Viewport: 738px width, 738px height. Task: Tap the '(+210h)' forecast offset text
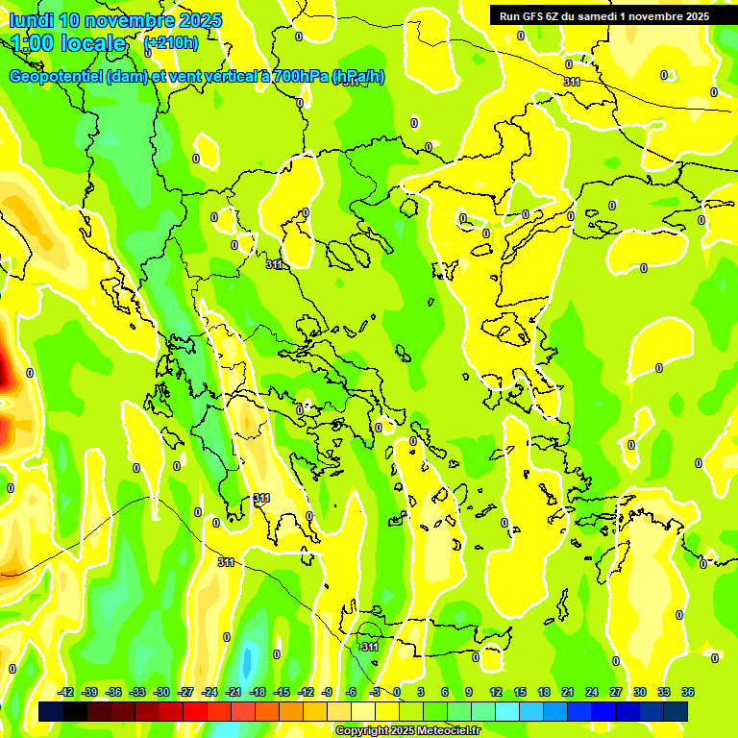pos(170,42)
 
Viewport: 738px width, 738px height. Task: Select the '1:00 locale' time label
pos(68,43)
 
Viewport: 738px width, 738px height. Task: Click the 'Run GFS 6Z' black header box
pos(603,15)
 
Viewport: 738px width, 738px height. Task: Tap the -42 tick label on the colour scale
pos(66,692)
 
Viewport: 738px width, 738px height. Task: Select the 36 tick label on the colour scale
pos(688,692)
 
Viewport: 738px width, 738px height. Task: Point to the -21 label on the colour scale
pos(234,692)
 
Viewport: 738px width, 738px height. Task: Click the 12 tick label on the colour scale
pos(496,692)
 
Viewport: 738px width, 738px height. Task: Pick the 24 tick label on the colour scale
pos(592,692)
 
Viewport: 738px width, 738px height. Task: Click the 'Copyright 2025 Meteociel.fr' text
pos(407,731)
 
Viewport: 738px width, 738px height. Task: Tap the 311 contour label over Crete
pos(370,647)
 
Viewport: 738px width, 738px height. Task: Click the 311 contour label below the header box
pos(573,82)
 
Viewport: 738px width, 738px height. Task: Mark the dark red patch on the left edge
pos(4,371)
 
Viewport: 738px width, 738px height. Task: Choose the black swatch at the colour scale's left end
pos(51,711)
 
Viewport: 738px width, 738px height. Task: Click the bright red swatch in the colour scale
pos(195,711)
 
